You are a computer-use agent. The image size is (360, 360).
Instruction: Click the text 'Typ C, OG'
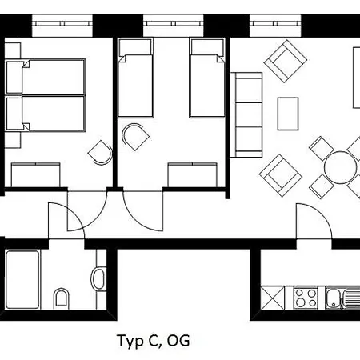coord(154,341)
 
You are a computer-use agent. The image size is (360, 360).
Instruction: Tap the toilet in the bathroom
coord(62,298)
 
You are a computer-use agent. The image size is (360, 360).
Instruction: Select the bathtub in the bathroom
coord(22,279)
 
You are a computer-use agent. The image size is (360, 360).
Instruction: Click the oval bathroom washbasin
coord(98,279)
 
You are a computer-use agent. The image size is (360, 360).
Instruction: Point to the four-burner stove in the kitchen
coord(306,298)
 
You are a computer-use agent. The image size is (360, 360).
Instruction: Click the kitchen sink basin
coord(334,298)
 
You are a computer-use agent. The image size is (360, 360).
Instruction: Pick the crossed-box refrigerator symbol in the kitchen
coord(272,298)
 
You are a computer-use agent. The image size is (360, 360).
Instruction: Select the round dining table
coord(340,167)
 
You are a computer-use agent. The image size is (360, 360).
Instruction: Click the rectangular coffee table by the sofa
coord(288,114)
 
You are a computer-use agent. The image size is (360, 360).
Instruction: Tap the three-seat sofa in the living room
coord(246,115)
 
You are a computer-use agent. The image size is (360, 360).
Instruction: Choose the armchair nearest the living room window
coord(286,61)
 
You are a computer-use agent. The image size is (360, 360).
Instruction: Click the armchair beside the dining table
coord(281,175)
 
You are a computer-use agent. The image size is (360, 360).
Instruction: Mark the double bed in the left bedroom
coord(46,95)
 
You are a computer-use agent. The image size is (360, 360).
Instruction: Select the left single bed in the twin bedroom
coord(136,78)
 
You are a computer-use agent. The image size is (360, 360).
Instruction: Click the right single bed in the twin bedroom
coord(207,78)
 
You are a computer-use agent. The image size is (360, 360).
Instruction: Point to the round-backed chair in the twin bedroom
coord(135,137)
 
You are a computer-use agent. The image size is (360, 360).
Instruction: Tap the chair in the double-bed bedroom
coord(100,153)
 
